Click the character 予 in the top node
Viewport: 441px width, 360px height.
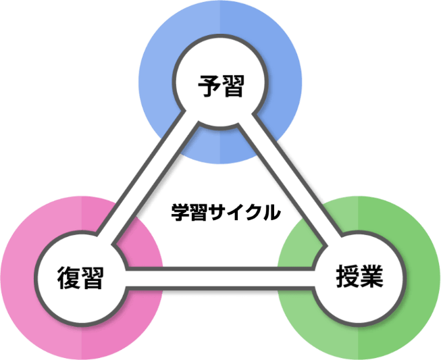(209, 86)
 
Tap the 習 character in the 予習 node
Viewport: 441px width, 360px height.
(232, 86)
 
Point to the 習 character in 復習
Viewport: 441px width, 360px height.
(91, 278)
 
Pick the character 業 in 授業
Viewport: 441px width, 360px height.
(371, 276)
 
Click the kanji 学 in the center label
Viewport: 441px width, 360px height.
(179, 212)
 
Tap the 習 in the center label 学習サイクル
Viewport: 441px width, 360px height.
(198, 212)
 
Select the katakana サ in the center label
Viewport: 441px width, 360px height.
(217, 212)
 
